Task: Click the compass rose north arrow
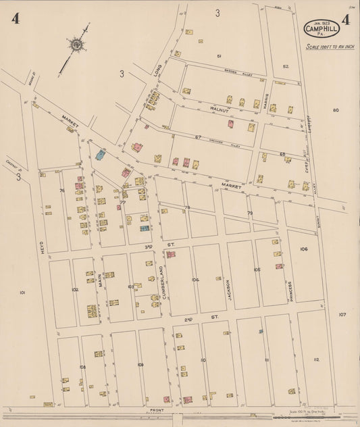click(77, 45)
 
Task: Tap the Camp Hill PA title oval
click(321, 29)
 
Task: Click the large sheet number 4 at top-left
click(15, 18)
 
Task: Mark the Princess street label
click(288, 292)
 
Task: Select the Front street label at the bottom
click(157, 410)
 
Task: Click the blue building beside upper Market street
click(101, 155)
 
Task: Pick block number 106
click(304, 249)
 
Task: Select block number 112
click(316, 359)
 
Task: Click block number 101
click(22, 293)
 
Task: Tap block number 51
click(219, 55)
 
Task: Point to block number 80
click(335, 109)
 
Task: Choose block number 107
click(342, 314)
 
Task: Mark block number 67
click(198, 137)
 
